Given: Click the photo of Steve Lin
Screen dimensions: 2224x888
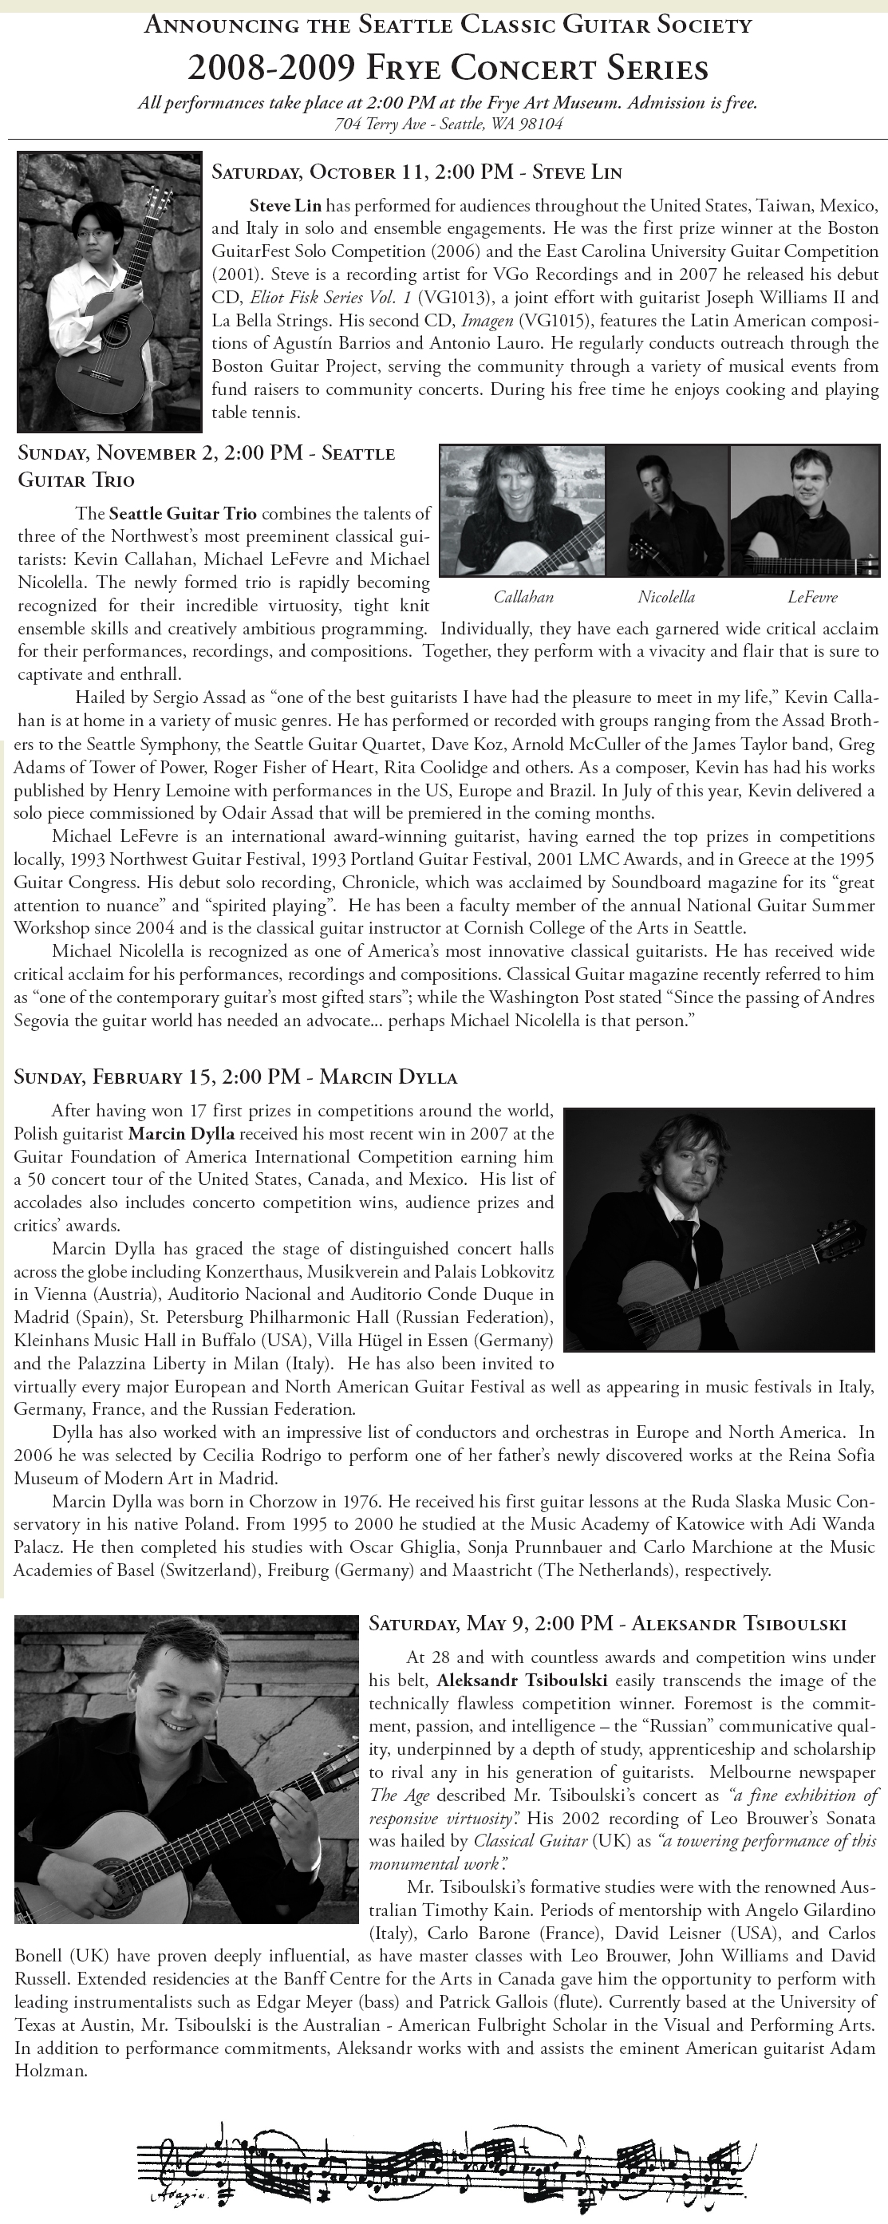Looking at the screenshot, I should (108, 292).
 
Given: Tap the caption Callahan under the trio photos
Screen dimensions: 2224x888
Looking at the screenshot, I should (523, 597).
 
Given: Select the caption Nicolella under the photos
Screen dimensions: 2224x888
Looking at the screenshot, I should (665, 597).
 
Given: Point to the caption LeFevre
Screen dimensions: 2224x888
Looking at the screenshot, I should (811, 597).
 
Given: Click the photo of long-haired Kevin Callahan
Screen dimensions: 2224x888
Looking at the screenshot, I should (523, 510).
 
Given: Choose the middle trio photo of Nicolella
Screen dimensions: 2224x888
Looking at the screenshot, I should (667, 510).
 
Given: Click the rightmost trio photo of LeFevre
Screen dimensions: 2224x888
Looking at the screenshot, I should (804, 510).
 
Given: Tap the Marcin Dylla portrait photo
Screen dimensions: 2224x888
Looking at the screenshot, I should (718, 1230).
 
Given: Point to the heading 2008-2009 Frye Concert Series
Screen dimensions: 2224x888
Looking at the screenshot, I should (448, 67).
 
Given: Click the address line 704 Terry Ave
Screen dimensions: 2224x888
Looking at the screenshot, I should (448, 124).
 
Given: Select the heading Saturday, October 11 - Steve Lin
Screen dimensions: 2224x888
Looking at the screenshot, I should (416, 171).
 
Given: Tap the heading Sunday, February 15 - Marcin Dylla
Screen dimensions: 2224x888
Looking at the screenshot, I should (235, 1076).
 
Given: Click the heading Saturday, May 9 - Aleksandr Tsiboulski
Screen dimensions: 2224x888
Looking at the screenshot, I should (606, 1623).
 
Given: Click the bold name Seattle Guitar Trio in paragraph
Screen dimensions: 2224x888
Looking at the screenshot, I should (182, 514).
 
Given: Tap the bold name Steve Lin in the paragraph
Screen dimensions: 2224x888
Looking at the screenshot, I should (285, 205).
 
